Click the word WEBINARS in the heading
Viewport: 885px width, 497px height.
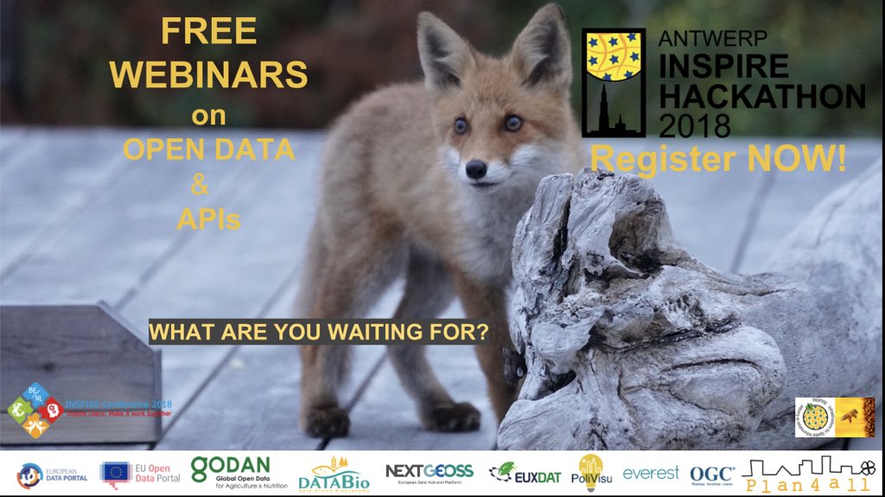click(x=208, y=75)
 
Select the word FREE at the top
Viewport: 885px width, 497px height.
click(x=208, y=32)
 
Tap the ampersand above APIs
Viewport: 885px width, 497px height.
click(x=208, y=185)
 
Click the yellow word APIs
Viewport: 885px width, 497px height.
click(x=208, y=220)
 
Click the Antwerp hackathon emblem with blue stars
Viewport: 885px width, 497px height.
click(x=614, y=82)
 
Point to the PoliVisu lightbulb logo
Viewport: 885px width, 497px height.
click(x=591, y=472)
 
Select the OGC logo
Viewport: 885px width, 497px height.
click(x=712, y=474)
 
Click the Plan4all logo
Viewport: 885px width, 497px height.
click(x=805, y=474)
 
